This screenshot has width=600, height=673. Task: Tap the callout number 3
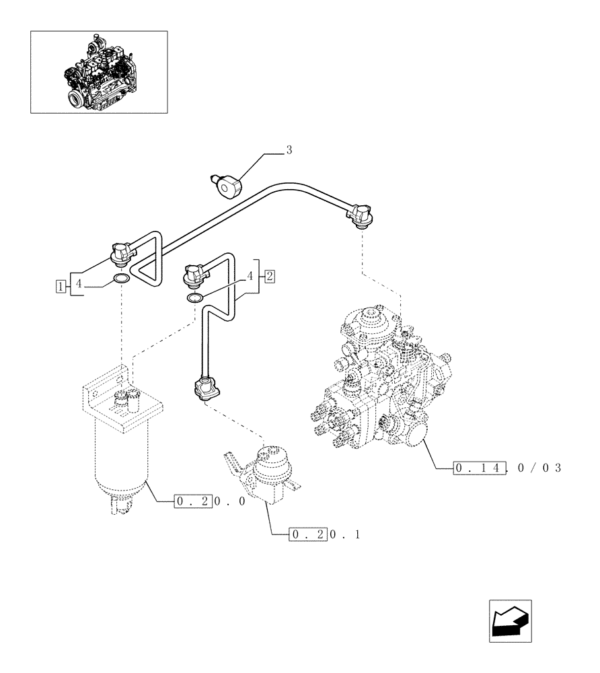point(289,150)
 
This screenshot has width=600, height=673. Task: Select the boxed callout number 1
point(61,285)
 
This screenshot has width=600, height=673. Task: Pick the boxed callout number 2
point(269,275)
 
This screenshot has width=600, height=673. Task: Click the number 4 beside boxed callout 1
point(78,285)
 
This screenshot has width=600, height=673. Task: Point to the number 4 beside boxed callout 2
point(250,275)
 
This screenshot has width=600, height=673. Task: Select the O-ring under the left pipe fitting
point(121,279)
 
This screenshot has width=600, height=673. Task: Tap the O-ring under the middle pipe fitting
point(194,298)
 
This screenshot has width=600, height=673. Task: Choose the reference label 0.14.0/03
point(506,468)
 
